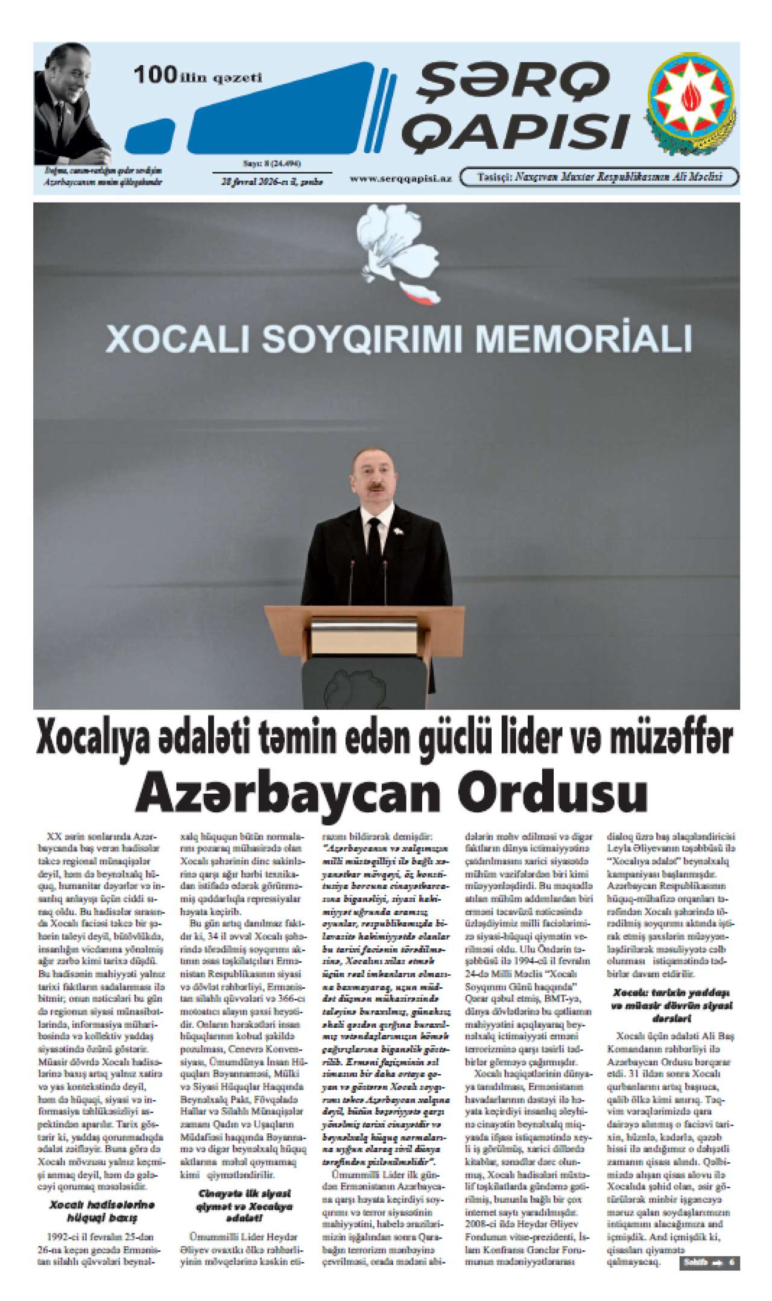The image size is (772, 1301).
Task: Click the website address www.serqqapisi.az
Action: point(400,179)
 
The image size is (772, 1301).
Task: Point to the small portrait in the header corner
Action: point(71,106)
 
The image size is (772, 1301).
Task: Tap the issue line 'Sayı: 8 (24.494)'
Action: point(271,163)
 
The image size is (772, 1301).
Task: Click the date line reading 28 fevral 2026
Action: point(271,181)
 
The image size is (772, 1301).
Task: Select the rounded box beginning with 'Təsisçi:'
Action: point(600,177)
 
